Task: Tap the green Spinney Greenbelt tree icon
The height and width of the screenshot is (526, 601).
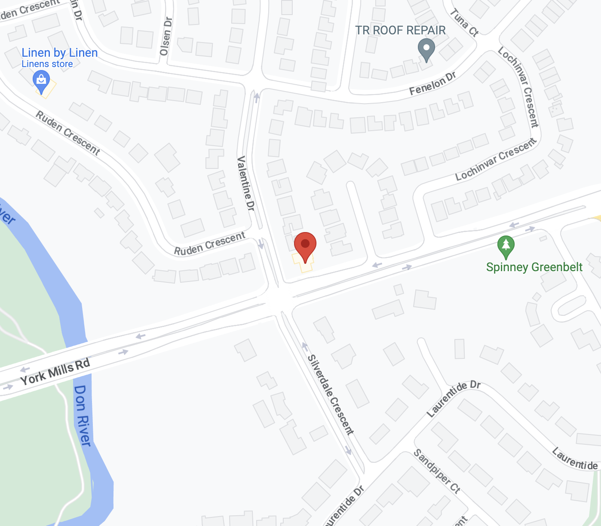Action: coord(506,246)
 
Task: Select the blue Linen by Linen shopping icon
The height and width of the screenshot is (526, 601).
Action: coord(41,81)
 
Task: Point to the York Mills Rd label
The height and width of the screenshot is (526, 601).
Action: coord(55,372)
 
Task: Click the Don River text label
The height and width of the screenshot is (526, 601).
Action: coord(83,416)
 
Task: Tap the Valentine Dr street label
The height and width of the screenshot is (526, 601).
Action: coord(246,183)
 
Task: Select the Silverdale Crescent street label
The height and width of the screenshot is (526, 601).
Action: coord(331,394)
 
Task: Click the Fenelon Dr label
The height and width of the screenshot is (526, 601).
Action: coord(432,84)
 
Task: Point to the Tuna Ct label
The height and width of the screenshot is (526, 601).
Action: coord(464,22)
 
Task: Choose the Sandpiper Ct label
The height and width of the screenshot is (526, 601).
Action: coord(437,471)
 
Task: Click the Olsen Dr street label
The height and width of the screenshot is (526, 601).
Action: coord(166,37)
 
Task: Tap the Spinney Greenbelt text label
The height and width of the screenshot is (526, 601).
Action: coord(534,267)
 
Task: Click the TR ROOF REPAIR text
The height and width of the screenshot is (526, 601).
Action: coord(400,31)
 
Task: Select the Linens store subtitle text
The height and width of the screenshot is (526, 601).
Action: coord(47,64)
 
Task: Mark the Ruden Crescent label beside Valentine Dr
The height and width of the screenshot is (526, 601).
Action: coord(209,244)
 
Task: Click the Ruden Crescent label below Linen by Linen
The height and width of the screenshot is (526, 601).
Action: coord(67,133)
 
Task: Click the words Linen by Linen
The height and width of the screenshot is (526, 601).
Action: coord(60,53)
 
